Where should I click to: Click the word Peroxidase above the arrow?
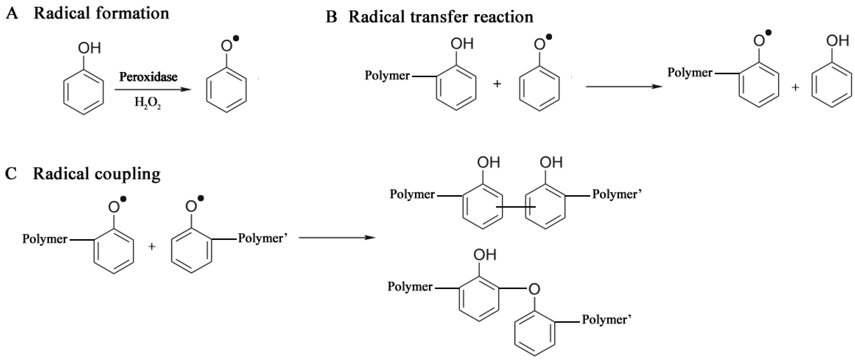coord(148,77)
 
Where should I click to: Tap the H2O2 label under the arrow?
coord(148,103)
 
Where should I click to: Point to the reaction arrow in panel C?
coord(337,237)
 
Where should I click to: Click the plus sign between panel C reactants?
coord(152,247)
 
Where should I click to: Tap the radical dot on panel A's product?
coord(236,39)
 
